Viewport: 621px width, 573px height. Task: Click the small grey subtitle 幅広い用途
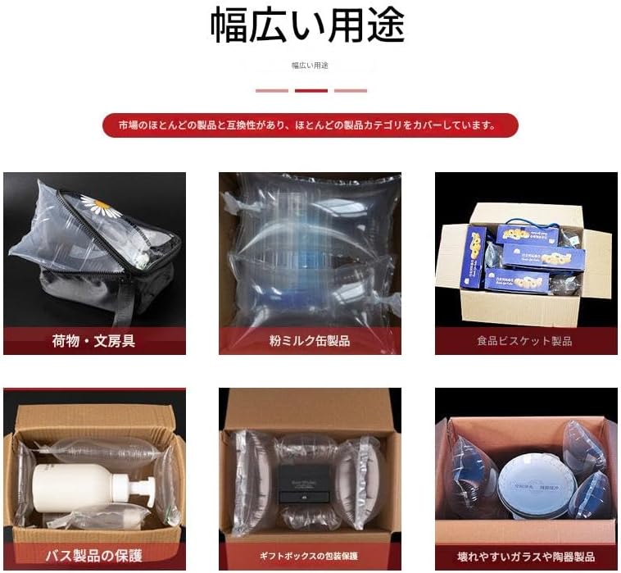point(310,65)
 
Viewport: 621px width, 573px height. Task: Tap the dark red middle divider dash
point(310,90)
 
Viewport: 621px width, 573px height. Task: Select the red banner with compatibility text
point(310,125)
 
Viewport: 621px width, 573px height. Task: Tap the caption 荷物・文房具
point(93,340)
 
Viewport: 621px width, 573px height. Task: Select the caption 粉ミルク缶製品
point(309,340)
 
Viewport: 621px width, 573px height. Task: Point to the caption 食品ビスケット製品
point(524,341)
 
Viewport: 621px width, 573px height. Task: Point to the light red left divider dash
point(271,90)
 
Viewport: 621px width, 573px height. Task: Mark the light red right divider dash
point(350,90)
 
